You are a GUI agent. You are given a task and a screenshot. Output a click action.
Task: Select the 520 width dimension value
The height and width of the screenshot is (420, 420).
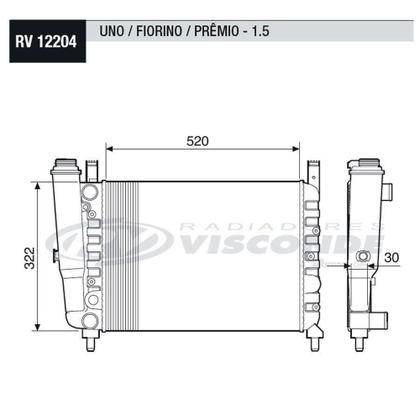(197, 141)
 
